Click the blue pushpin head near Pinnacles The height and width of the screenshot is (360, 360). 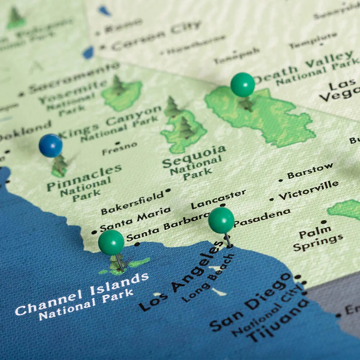coord(51,145)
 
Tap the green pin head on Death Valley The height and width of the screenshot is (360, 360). coord(243,85)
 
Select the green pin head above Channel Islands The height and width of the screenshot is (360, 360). coord(111,242)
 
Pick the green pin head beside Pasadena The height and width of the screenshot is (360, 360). coord(221,220)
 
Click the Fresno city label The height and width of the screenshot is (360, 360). coord(120,148)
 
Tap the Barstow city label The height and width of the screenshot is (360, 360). coord(310,171)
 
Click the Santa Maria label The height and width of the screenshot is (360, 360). coord(135,219)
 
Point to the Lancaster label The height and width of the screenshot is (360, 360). coord(218,199)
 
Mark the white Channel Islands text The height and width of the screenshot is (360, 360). coord(82,294)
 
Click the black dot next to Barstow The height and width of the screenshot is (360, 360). coord(281,180)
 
